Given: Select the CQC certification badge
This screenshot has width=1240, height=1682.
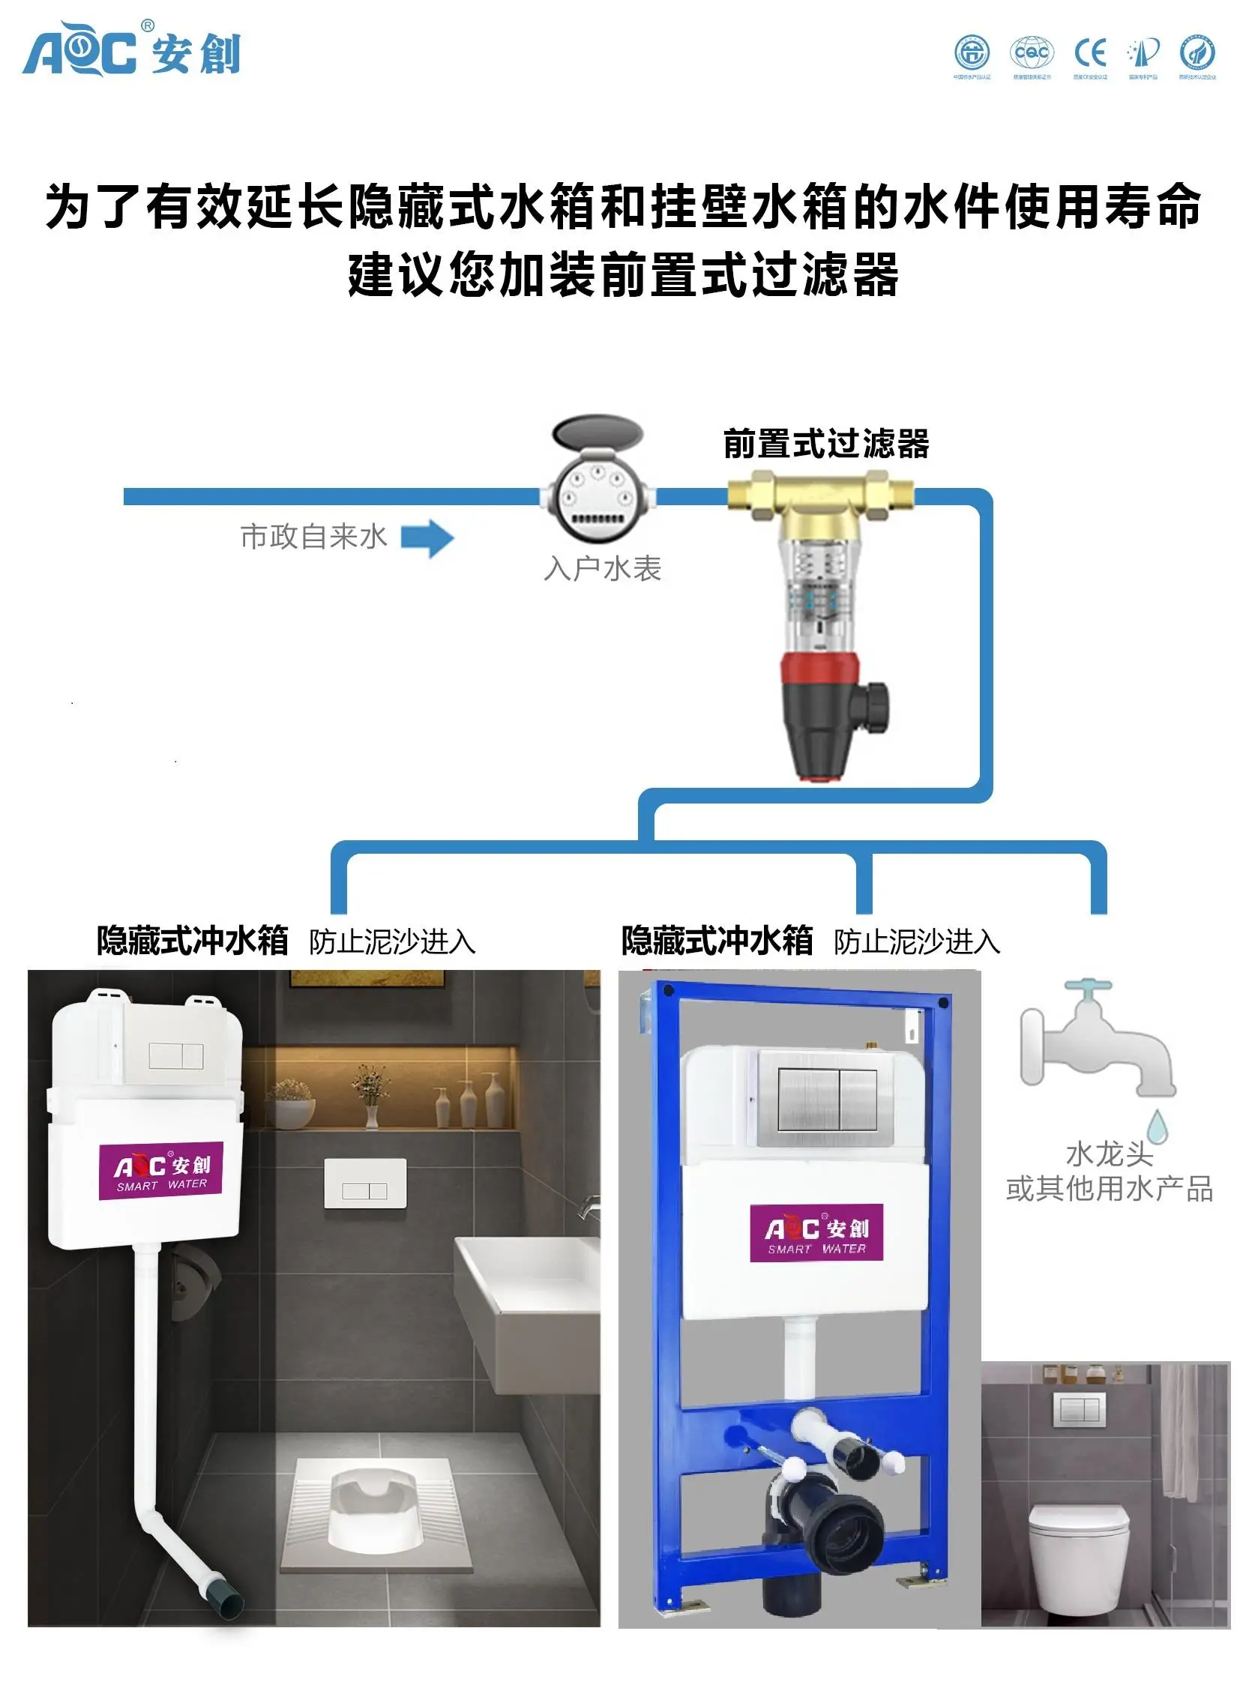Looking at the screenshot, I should coord(1032,52).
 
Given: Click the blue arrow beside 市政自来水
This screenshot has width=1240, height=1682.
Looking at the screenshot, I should coord(427,538).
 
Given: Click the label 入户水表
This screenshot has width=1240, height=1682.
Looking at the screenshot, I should coord(602,568).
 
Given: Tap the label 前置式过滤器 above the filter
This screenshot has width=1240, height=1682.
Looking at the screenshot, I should coord(826,444).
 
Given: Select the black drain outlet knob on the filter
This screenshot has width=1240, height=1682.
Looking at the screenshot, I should coord(873,706).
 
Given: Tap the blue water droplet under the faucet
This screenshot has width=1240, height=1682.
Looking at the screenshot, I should coord(1158,1126).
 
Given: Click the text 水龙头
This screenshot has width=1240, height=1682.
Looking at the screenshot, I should coord(1110,1154).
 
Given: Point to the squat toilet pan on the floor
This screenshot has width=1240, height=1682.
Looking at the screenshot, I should coord(374,1510).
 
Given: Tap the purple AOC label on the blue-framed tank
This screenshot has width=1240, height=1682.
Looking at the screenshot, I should coord(816,1232).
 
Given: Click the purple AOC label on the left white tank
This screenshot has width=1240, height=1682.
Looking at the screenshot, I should coord(160,1171).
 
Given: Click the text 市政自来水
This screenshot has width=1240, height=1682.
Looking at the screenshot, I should coord(313,537).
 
